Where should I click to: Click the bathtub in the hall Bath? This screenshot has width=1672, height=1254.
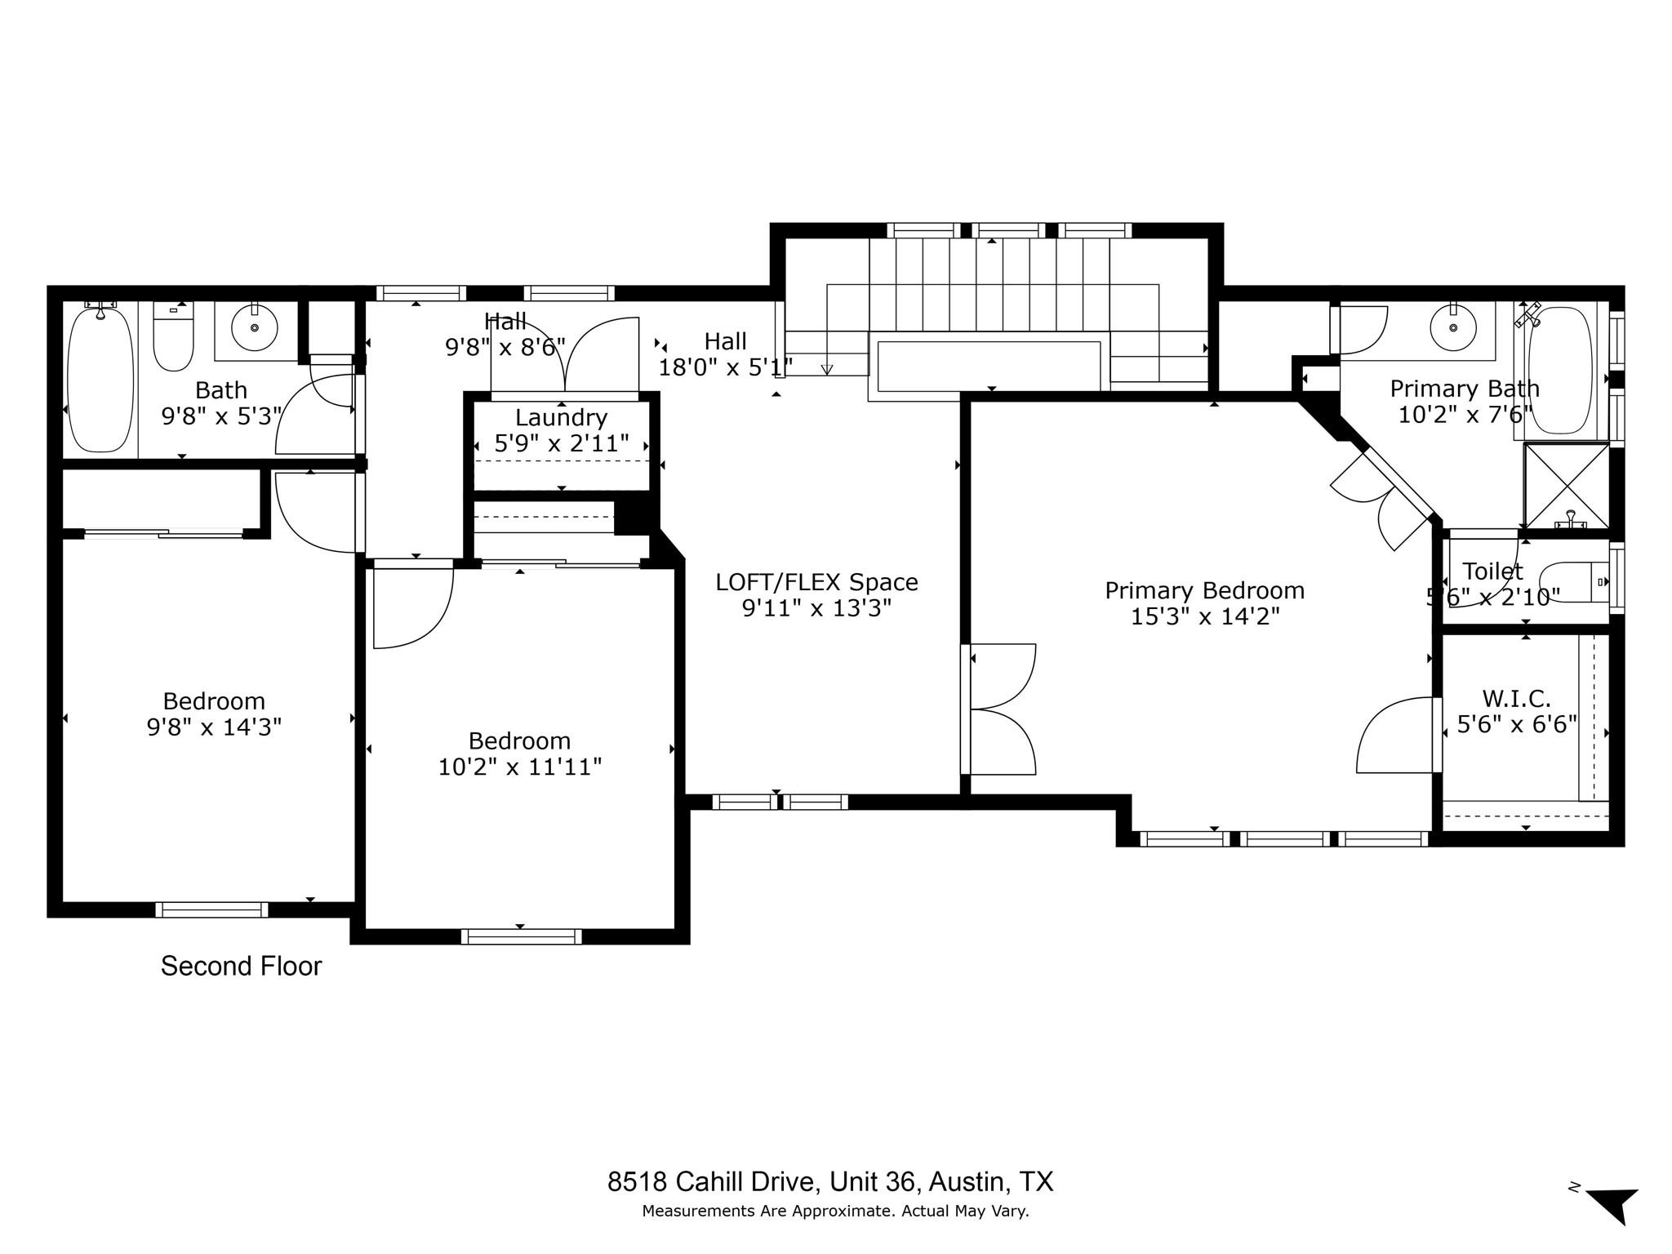point(100,379)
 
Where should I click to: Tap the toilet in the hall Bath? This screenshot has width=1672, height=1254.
point(174,336)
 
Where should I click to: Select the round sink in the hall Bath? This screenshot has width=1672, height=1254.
point(254,328)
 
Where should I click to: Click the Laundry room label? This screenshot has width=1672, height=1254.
point(561,418)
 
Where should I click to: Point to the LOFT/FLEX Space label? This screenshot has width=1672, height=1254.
point(816,582)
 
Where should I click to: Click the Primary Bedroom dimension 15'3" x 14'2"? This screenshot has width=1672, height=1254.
point(1204,616)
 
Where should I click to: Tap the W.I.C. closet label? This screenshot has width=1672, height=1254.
point(1516,699)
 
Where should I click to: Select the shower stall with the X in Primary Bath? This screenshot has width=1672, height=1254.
point(1566,485)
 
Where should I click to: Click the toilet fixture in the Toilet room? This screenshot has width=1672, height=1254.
point(1572,582)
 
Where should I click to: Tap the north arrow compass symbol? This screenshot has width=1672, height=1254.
point(1613,1205)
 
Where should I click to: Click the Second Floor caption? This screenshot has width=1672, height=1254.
point(241,967)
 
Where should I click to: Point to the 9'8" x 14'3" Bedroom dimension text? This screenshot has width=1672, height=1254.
point(214,727)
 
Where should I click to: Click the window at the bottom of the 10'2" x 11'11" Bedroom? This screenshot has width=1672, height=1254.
point(521,936)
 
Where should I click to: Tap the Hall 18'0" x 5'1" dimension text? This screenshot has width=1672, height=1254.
point(725,367)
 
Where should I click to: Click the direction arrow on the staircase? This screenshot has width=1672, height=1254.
point(827,369)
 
